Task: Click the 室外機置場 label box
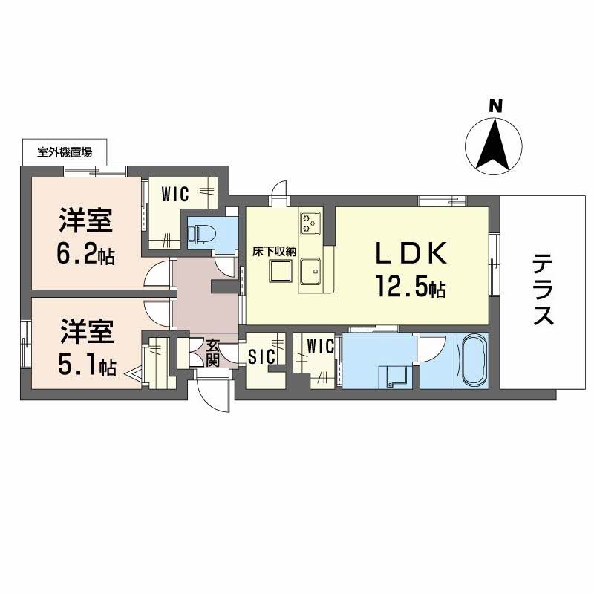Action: click(65, 153)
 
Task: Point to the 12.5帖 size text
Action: click(410, 287)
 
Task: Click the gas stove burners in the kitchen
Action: click(310, 221)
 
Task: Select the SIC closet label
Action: click(261, 356)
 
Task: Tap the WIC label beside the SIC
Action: click(319, 346)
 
